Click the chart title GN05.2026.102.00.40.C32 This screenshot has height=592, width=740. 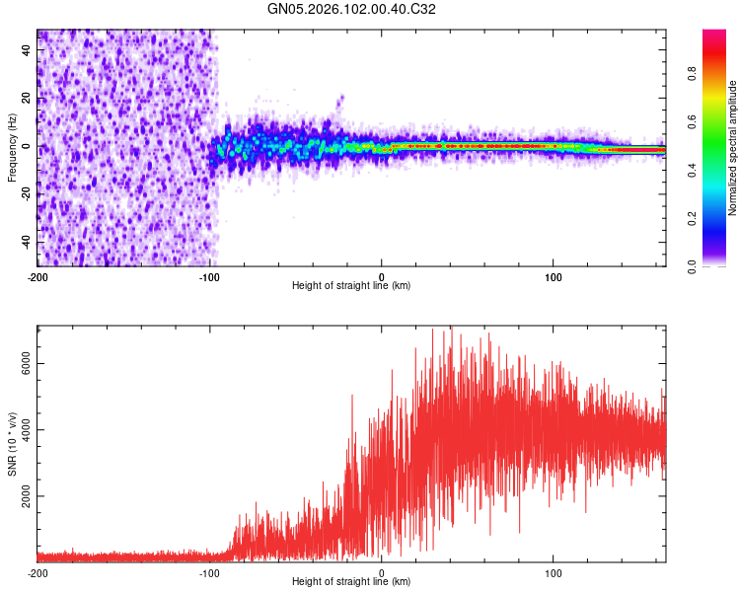(351, 10)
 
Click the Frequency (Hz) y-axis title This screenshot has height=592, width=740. (11, 148)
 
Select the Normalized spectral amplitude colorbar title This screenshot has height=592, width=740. (733, 148)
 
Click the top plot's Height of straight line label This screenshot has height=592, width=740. (351, 285)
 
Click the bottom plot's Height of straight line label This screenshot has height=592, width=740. (351, 581)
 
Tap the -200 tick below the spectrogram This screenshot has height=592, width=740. (37, 276)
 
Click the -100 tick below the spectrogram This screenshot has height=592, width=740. (209, 276)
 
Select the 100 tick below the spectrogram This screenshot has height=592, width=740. (554, 276)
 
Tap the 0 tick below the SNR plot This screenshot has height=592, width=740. (382, 572)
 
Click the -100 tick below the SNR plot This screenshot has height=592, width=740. (209, 572)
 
